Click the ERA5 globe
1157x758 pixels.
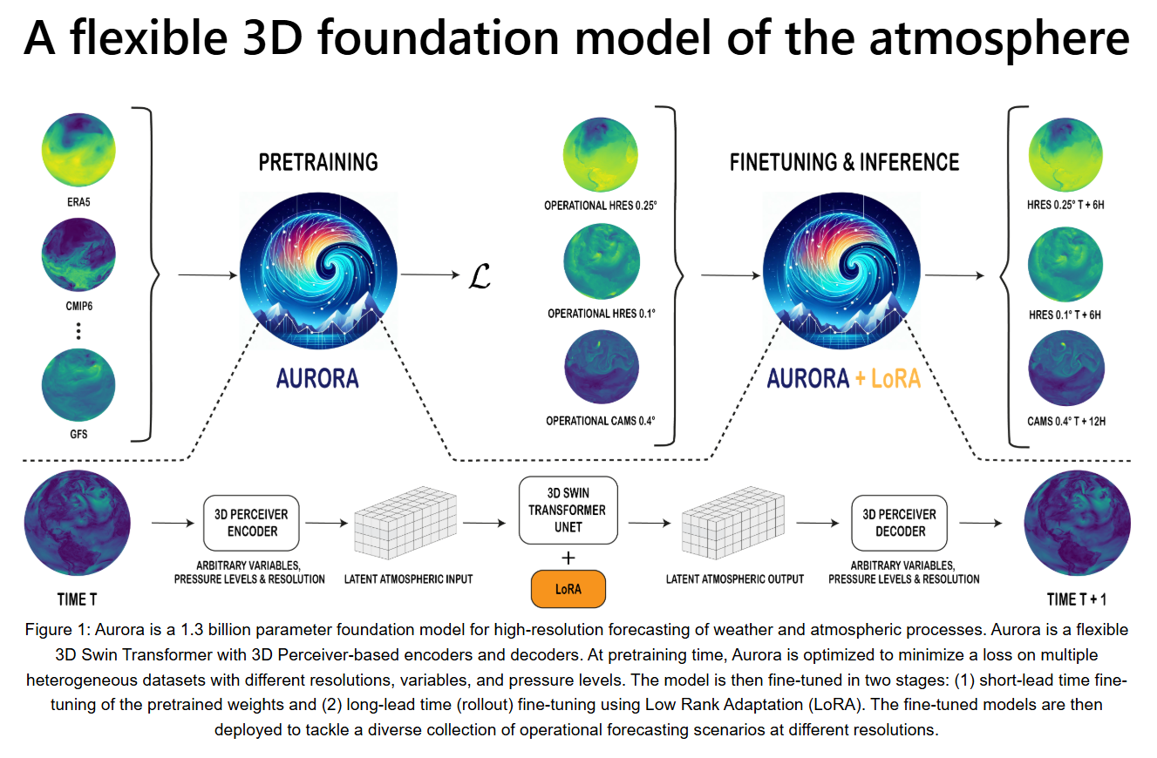tap(78, 150)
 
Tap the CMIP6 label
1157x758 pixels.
tap(79, 306)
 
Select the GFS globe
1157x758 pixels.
tap(78, 385)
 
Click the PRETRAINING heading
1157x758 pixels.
tap(318, 162)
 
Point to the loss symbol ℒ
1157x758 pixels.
tap(480, 276)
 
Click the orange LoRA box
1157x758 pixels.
tap(568, 589)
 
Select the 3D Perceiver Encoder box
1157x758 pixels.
tap(252, 523)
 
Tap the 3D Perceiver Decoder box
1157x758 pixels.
tap(899, 523)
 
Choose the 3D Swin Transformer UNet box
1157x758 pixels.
tap(568, 510)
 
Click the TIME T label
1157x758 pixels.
tap(77, 599)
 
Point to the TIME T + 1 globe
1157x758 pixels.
tap(1078, 524)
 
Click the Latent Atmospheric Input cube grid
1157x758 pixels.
tap(405, 522)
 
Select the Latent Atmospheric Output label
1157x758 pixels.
tap(735, 579)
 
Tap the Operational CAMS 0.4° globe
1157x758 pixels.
tap(602, 367)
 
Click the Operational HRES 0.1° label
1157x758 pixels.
tap(602, 313)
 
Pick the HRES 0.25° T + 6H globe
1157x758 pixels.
tap(1065, 155)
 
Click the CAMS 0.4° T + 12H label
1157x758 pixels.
tap(1066, 421)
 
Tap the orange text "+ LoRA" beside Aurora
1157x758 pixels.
tap(888, 378)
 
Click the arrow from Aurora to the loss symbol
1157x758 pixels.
tap(430, 274)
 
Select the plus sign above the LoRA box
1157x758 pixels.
tap(568, 558)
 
